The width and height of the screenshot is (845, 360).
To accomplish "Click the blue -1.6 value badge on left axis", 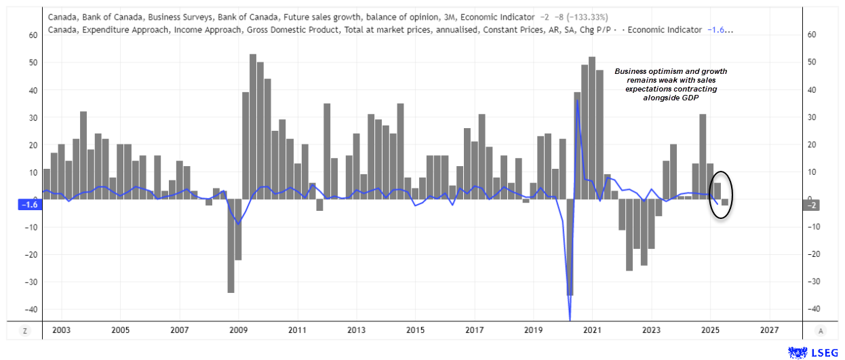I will tap(29, 204).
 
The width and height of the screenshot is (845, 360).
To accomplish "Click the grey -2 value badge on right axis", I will tap(812, 204).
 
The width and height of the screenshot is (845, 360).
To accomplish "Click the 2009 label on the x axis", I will tap(239, 330).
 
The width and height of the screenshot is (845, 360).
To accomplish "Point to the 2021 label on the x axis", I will tap(592, 330).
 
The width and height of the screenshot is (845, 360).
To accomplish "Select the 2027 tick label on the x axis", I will tap(769, 330).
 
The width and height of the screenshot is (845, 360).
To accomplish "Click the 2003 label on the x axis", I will tap(61, 330).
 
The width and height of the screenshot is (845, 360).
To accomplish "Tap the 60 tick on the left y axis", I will tap(31, 35).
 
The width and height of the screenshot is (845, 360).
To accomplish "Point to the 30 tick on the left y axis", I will tap(31, 117).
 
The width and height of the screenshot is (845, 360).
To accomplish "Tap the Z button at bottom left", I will tap(25, 331).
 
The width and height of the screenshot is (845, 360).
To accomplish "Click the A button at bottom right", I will tap(821, 331).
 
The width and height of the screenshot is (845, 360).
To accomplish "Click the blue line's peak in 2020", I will tap(577, 100).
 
